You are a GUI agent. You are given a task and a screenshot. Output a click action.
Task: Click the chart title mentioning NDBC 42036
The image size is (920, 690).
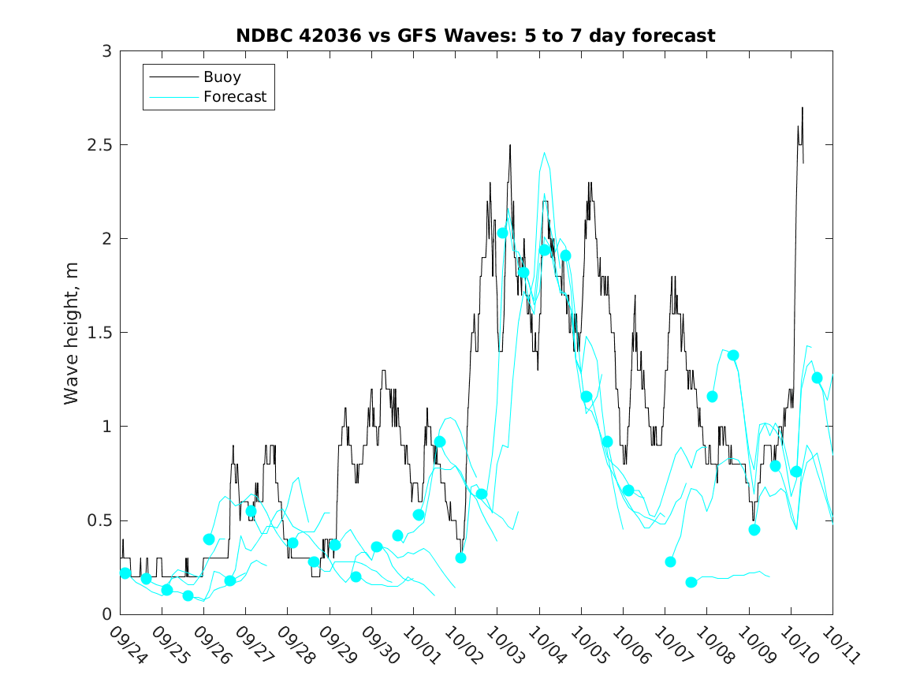point(475,35)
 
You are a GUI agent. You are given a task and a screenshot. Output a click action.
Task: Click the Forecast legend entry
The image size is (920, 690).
point(234,97)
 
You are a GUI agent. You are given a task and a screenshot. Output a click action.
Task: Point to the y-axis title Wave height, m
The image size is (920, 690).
point(72,333)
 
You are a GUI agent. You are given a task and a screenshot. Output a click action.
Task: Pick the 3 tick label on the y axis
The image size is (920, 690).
point(106,51)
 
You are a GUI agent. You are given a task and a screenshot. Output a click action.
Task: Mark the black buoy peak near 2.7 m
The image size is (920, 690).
point(803,108)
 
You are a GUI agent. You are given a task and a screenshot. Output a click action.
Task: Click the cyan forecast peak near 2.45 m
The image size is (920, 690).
point(544,153)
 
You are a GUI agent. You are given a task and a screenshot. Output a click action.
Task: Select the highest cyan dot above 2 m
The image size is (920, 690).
point(502,233)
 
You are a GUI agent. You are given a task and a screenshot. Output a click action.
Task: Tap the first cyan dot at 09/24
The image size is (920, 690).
point(125,573)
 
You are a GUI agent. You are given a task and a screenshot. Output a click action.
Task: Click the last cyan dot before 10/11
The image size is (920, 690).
point(817,378)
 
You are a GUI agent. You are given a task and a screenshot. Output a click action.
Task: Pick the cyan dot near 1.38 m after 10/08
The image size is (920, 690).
point(733,355)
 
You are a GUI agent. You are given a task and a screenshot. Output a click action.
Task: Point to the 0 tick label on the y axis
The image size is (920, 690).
point(106,614)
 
